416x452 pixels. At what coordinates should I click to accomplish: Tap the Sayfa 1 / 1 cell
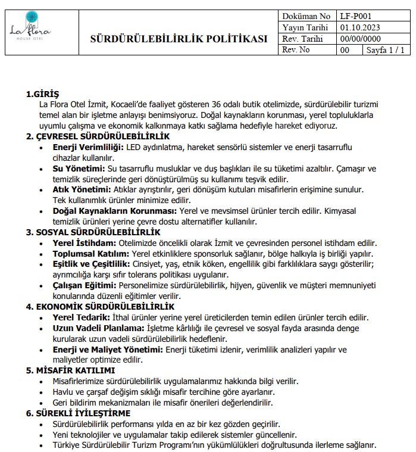pyautogui.click(x=386, y=50)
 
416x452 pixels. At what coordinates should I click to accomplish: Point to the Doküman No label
pyautogui.click(x=306, y=17)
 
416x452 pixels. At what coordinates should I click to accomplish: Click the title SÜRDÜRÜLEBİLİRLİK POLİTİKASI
pyautogui.click(x=179, y=39)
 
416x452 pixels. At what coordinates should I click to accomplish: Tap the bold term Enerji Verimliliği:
pyautogui.click(x=88, y=147)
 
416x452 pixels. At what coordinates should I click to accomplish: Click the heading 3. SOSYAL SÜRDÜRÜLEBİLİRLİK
pyautogui.click(x=93, y=232)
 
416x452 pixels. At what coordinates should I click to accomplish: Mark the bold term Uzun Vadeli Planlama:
pyautogui.click(x=98, y=328)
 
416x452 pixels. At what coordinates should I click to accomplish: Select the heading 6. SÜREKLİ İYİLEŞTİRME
pyautogui.click(x=78, y=413)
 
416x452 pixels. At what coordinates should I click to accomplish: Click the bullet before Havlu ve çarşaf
pyautogui.click(x=40, y=392)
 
